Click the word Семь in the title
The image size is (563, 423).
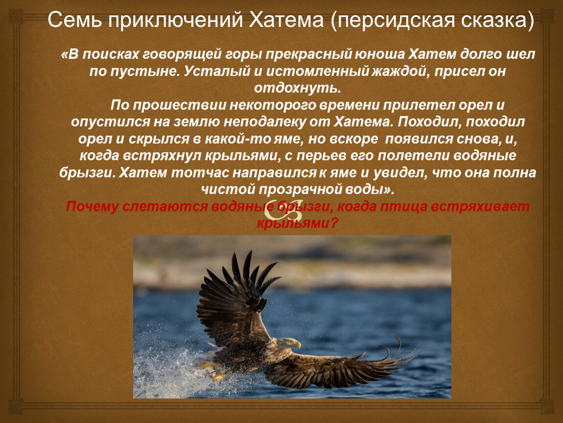[74, 20]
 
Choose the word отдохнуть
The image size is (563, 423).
[297, 88]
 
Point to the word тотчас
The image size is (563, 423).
[200, 173]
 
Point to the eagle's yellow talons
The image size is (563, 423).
[212, 370]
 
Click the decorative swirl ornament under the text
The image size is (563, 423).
[283, 210]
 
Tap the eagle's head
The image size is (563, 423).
[287, 343]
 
